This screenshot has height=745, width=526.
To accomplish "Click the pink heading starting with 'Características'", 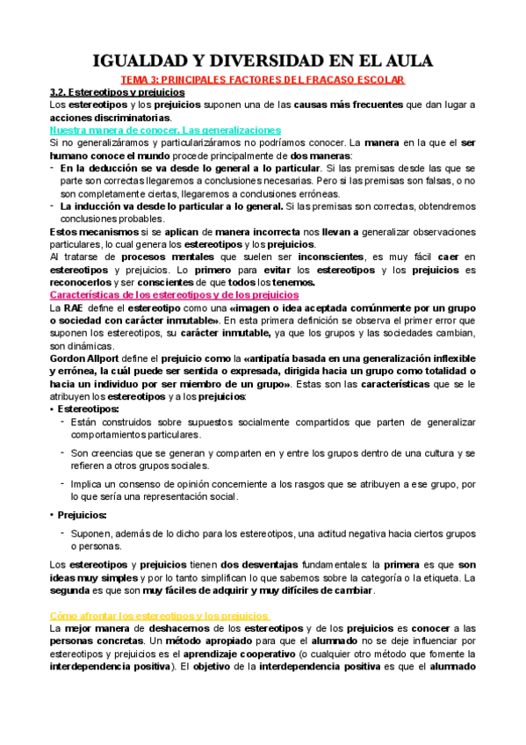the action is click(x=174, y=295).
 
